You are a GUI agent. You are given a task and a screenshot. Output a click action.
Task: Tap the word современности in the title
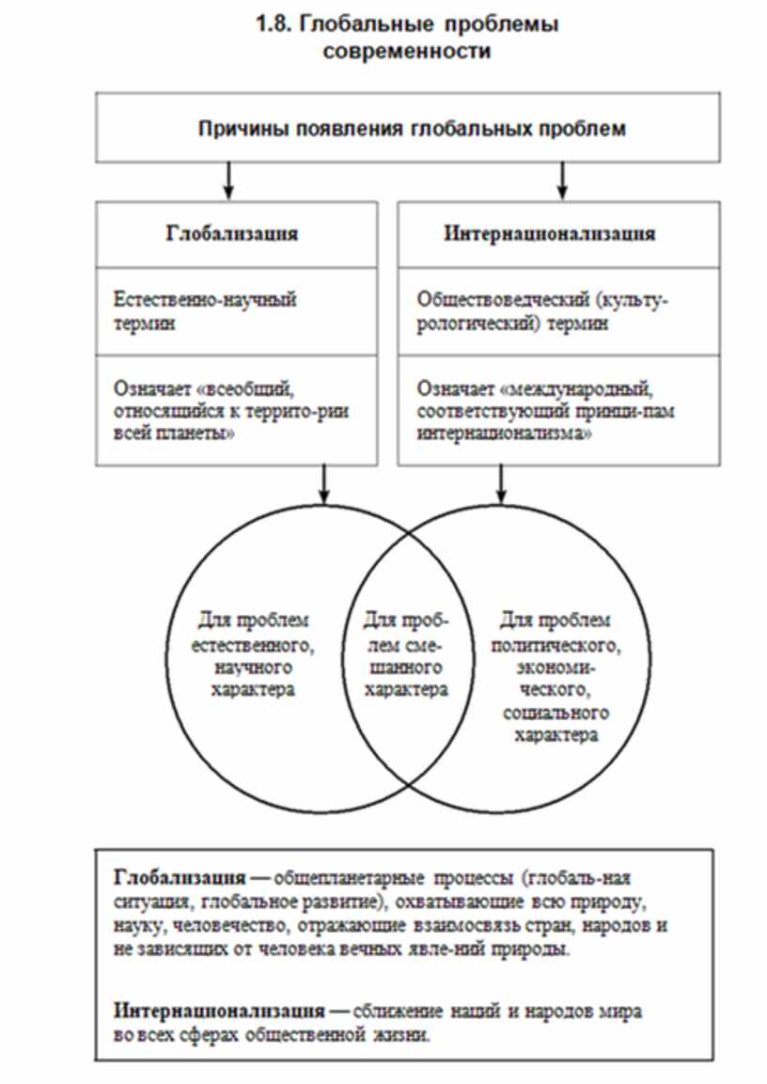pos(406,51)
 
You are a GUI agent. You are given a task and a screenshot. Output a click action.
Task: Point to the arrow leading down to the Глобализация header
pos(228,180)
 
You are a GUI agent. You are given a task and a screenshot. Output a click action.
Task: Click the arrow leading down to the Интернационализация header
pos(563,180)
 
